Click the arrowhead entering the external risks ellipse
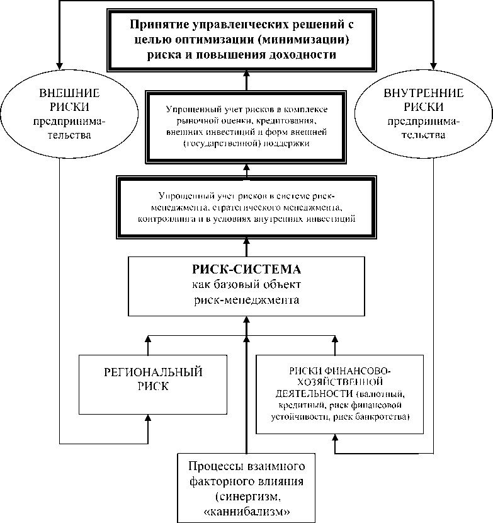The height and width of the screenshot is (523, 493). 60,64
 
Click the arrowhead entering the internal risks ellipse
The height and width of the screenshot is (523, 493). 434,64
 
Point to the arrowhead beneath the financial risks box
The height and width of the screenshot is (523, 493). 335,439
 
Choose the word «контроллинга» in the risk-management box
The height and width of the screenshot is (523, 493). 165,219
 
